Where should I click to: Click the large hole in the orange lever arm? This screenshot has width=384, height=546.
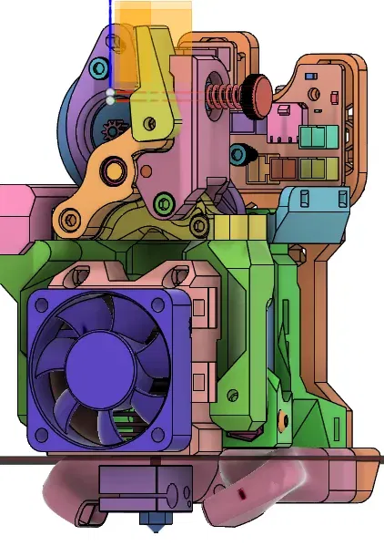115,170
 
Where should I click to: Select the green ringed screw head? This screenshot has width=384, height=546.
163,201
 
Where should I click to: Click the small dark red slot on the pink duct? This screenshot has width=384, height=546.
242,493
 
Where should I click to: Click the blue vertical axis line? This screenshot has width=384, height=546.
110,36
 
